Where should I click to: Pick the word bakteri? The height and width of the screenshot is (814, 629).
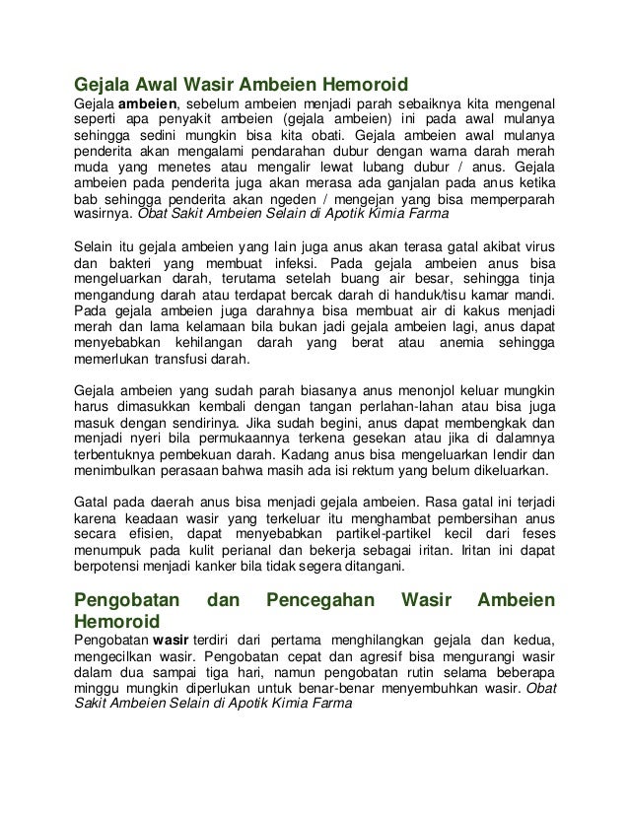coord(132,264)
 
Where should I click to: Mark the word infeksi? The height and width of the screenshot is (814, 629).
coord(283,264)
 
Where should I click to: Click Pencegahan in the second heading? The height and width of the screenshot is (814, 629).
coord(318,599)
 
